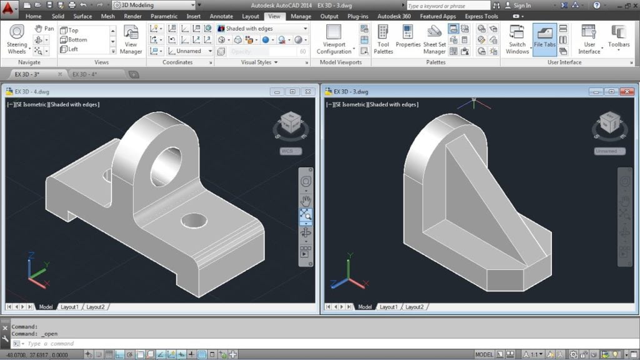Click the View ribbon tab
click(x=274, y=16)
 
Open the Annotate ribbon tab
click(x=221, y=16)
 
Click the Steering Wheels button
click(x=17, y=40)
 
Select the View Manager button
click(x=131, y=40)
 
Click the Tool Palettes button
click(x=383, y=40)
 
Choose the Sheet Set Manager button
click(x=434, y=40)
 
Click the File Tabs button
click(x=544, y=40)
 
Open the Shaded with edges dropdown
click(x=262, y=29)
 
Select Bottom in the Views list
click(x=77, y=39)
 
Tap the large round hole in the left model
click(x=166, y=166)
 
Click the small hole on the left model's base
click(x=194, y=220)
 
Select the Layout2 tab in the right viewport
click(x=414, y=307)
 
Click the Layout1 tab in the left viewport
click(x=69, y=307)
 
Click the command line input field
click(x=125, y=343)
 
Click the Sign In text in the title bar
click(x=522, y=6)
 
